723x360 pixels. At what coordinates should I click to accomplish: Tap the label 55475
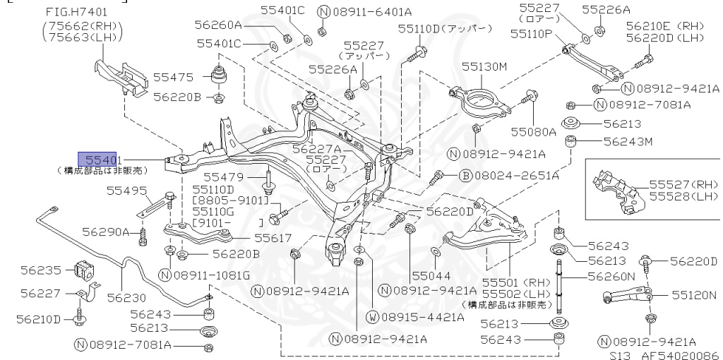[174, 78]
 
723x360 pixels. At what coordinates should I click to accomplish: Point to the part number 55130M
[484, 66]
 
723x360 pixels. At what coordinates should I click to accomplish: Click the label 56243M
[628, 141]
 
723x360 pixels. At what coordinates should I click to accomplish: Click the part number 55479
[223, 176]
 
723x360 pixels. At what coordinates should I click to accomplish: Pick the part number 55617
[273, 239]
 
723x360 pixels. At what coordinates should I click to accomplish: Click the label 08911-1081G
[212, 274]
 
